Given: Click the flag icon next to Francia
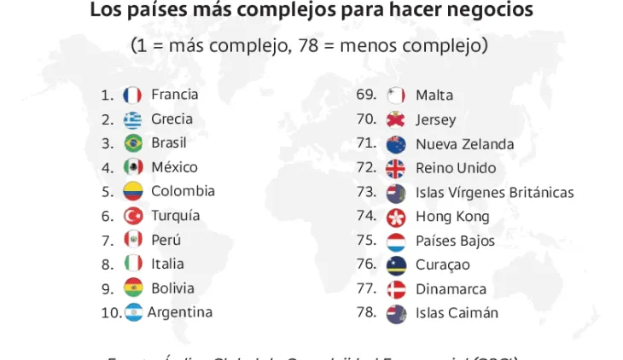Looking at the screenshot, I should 132,96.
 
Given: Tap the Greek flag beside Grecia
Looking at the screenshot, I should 132,119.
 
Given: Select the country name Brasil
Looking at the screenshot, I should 169,142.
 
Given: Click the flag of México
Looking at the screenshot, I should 132,167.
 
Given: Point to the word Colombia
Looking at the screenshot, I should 183,191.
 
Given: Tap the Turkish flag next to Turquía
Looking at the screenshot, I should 132,216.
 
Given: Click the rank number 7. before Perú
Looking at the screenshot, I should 108,240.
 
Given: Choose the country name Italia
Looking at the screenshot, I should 167,264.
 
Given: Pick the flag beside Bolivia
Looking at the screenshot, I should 132,288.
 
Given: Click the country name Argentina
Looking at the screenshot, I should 180,312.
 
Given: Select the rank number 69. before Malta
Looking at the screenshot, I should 366,95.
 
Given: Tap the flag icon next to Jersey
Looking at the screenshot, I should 396,120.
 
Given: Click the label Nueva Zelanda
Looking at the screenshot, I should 464,144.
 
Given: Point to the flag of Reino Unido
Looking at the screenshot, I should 396,168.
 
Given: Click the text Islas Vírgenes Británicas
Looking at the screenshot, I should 494,193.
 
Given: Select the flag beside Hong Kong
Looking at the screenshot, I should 396,217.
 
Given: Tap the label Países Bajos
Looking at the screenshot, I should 455,241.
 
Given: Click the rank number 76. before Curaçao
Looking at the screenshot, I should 366,264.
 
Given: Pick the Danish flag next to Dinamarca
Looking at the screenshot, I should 396,289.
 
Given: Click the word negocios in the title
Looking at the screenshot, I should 489,11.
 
